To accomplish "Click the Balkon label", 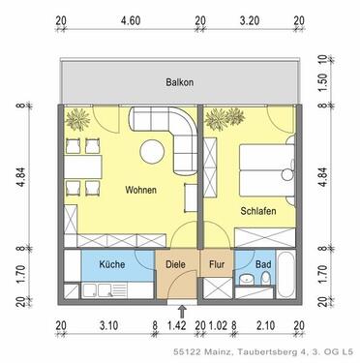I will pyautogui.click(x=179, y=83).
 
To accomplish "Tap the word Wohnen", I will pyautogui.click(x=141, y=191).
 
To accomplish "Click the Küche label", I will pyautogui.click(x=111, y=262).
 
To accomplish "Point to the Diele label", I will pyautogui.click(x=175, y=262).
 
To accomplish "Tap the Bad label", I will pyautogui.click(x=264, y=262).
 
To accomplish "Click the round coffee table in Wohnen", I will pyautogui.click(x=152, y=153).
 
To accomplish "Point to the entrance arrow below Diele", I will pyautogui.click(x=172, y=309).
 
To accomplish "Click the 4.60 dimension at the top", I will pyautogui.click(x=129, y=18).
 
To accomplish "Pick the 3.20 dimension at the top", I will pyautogui.click(x=249, y=18).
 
